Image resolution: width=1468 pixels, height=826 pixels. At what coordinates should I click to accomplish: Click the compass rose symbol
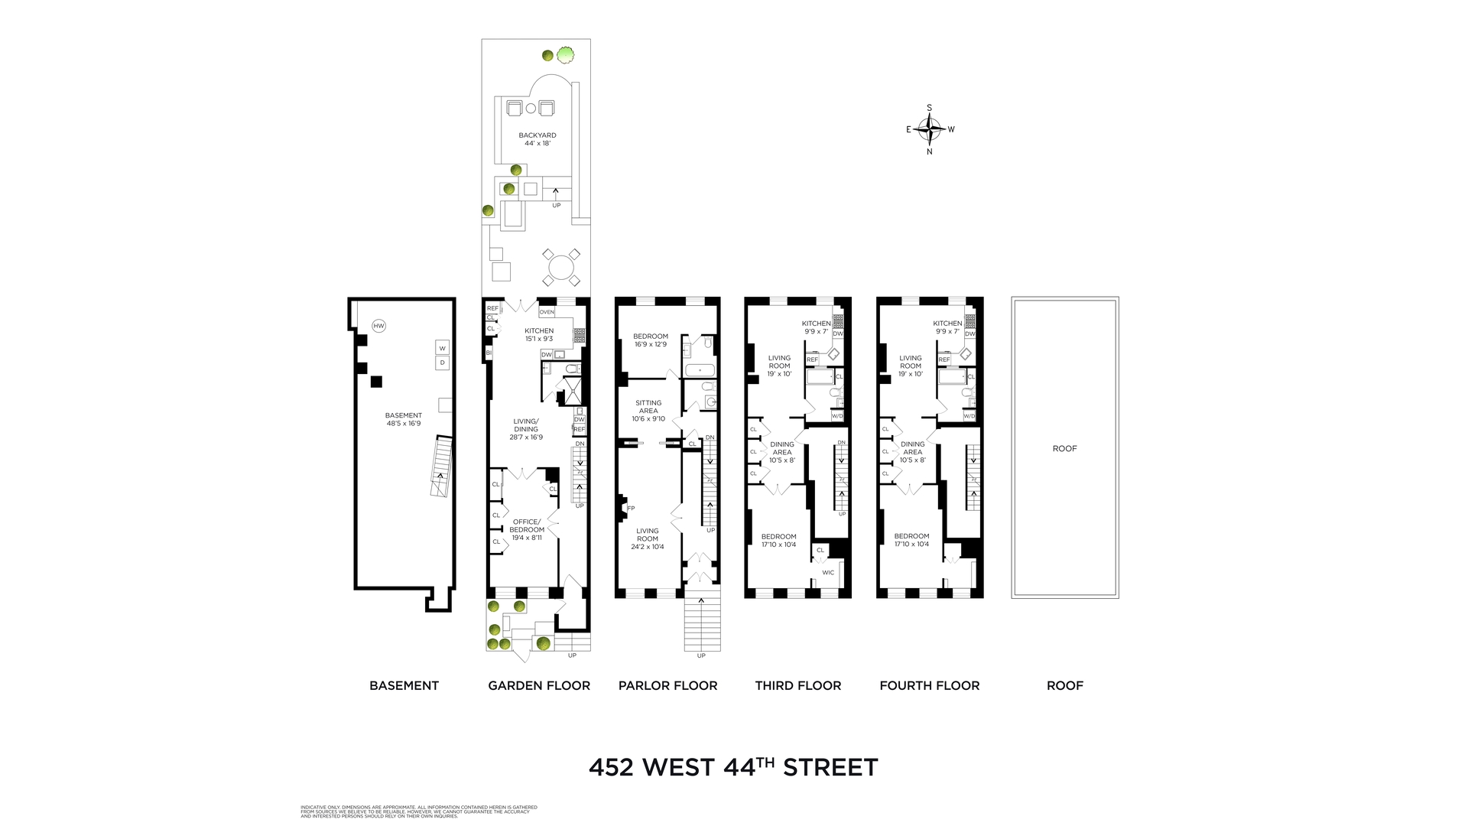tap(930, 129)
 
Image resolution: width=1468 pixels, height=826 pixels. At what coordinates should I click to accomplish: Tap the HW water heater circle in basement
tap(378, 326)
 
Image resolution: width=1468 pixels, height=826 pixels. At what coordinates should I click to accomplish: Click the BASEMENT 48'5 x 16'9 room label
tap(404, 419)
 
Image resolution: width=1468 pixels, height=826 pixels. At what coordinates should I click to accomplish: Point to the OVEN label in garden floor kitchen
tap(547, 312)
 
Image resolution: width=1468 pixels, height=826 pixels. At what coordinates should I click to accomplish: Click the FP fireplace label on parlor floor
tap(631, 508)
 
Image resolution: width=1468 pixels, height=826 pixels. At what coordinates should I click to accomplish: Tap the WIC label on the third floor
tap(828, 572)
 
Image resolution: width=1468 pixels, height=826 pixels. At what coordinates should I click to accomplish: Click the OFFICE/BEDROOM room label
tap(527, 525)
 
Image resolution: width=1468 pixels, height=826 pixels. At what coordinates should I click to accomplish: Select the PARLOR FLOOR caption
tap(667, 685)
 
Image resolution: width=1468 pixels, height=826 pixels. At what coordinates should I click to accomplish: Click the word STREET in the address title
tap(830, 767)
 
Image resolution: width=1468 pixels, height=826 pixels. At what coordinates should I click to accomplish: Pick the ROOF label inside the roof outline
tap(1064, 449)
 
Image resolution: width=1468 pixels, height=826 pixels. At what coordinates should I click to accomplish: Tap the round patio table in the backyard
tap(560, 268)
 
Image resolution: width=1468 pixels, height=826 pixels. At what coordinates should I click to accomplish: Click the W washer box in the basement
tap(442, 348)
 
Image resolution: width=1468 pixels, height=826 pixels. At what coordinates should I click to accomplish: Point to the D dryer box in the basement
tap(442, 363)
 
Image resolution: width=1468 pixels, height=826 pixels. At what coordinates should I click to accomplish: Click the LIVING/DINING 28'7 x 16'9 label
tap(526, 429)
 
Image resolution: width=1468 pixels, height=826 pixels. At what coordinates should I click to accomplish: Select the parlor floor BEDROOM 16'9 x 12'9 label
tap(651, 340)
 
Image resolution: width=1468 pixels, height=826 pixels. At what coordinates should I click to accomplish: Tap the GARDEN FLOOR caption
tap(539, 685)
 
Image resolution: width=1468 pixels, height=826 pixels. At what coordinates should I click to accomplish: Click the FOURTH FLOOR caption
tap(929, 685)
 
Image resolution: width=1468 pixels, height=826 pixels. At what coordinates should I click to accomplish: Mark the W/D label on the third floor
tap(837, 416)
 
